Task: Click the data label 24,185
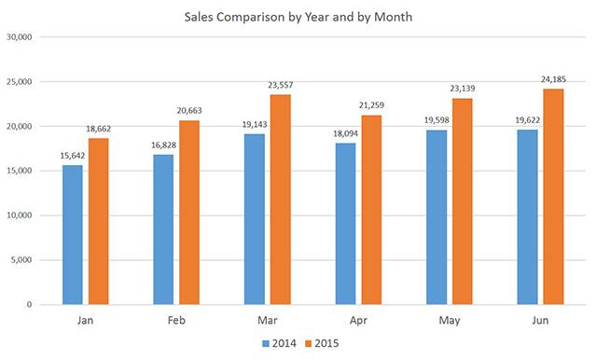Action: coord(554,79)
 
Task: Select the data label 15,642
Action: coord(72,156)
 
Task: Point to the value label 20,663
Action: coord(189,111)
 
